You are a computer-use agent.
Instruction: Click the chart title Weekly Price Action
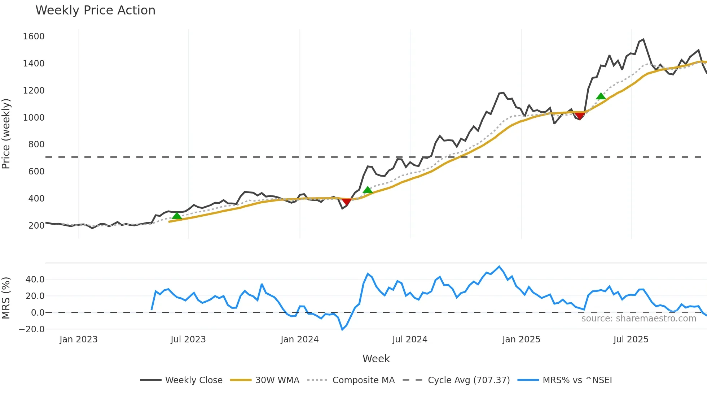95,10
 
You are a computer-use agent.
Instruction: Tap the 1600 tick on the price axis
34,36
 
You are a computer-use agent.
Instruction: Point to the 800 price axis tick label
36,144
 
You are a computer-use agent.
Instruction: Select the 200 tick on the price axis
36,226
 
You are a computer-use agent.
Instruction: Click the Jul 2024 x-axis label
410,339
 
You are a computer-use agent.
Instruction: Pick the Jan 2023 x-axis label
79,339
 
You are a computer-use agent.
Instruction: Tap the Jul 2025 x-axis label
631,339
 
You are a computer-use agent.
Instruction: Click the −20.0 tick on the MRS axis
32,329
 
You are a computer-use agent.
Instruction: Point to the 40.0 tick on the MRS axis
35,280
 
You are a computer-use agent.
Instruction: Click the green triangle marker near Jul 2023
177,216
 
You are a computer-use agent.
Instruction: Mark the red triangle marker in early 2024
346,202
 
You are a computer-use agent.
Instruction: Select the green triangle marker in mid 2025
601,96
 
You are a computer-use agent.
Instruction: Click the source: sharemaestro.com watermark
639,319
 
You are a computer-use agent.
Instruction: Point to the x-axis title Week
376,359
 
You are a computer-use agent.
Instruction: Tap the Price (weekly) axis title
6,134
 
